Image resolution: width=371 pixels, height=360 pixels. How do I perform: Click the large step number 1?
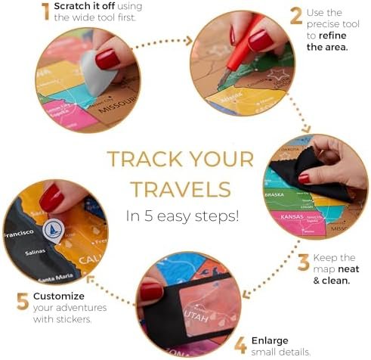[46, 11]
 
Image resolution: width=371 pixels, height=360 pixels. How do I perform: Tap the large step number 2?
[296, 16]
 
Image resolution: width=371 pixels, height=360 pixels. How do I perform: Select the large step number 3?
[304, 262]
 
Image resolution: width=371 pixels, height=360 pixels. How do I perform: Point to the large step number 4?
[241, 345]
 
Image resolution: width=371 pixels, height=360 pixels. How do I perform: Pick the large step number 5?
[23, 301]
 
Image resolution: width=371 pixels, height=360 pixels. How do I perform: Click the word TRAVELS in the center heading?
[181, 189]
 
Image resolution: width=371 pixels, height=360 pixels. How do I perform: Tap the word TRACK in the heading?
[145, 159]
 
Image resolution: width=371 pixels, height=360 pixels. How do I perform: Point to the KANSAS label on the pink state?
[292, 217]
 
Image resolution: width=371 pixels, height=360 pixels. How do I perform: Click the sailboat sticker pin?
[53, 231]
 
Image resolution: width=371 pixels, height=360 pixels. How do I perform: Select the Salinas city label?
[35, 252]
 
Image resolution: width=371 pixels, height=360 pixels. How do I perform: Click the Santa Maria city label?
[56, 278]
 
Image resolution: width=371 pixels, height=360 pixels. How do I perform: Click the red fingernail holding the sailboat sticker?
[51, 197]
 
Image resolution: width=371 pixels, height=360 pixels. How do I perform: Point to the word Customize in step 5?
[59, 296]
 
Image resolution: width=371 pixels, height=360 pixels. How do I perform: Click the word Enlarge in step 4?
[270, 341]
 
